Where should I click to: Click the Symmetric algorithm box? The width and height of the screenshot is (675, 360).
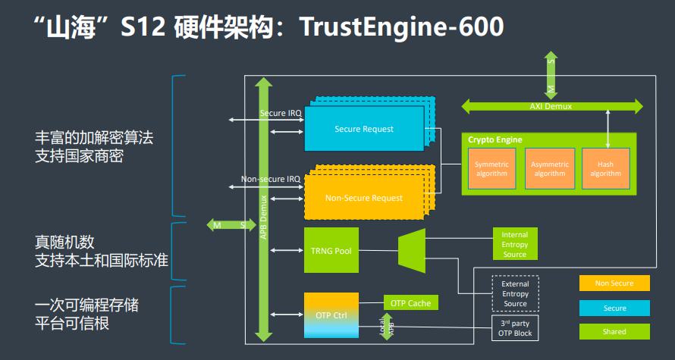[x=491, y=168]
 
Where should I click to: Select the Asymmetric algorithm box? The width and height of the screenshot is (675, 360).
[x=550, y=168]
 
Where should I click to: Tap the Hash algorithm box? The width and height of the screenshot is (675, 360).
[x=606, y=168]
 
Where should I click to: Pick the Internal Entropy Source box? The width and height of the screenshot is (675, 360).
[x=514, y=244]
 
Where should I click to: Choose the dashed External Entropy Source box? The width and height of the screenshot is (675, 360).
[x=515, y=293]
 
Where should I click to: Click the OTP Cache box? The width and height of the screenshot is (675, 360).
[x=410, y=303]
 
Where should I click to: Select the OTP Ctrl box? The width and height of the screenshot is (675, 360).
[x=331, y=315]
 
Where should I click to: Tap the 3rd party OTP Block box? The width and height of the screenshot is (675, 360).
[x=515, y=328]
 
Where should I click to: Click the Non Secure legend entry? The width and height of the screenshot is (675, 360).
[x=614, y=283]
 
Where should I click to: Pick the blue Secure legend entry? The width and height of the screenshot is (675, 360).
[x=614, y=308]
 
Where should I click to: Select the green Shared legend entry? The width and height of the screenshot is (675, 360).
[x=614, y=332]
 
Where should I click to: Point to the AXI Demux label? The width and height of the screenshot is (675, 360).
[x=551, y=107]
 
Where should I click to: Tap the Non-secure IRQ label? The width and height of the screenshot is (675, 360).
[x=271, y=180]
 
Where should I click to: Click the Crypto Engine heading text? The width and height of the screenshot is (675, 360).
[x=494, y=140]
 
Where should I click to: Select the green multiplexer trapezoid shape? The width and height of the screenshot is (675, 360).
[x=414, y=250]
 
